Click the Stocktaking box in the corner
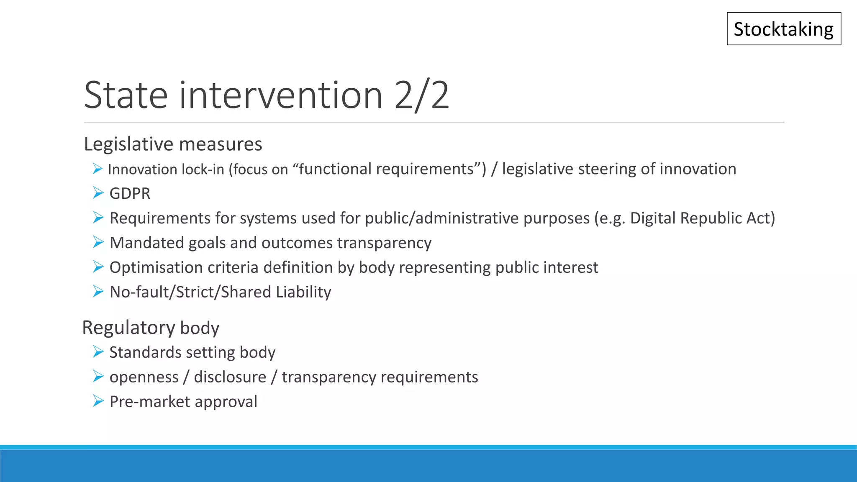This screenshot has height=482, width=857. click(784, 29)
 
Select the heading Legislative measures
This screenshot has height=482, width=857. click(173, 144)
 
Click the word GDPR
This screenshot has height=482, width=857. click(130, 193)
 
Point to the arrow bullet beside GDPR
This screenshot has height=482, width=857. click(98, 193)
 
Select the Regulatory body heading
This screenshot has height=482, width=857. click(151, 328)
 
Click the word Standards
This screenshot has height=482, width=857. click(145, 352)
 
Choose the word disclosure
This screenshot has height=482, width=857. click(230, 377)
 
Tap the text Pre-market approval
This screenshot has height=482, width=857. click(183, 402)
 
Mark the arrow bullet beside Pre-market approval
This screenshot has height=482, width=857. click(98, 401)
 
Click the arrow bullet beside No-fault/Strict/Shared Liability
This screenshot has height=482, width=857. click(98, 291)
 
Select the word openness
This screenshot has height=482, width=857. click(144, 377)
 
